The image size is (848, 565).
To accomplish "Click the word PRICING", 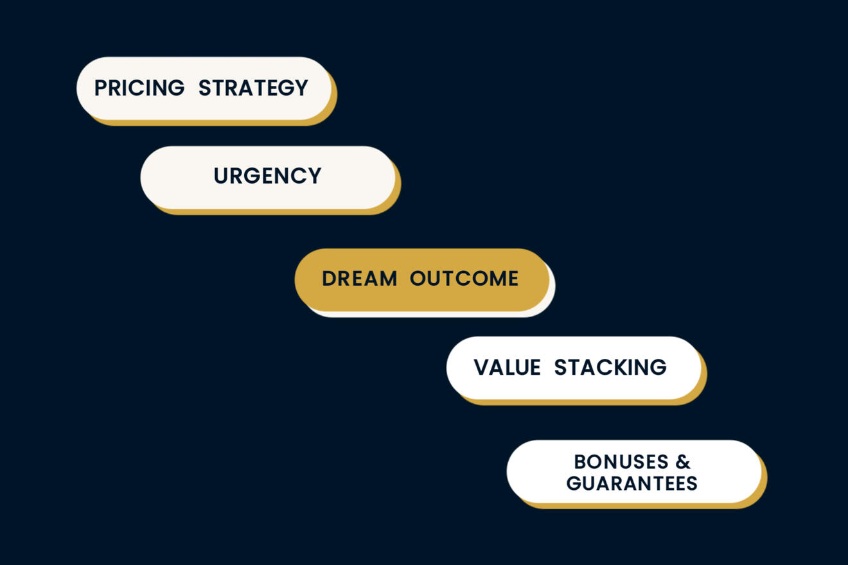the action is tap(139, 88).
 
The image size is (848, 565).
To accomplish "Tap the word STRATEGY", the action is tap(253, 88).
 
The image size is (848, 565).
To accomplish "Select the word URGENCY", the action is tap(268, 176).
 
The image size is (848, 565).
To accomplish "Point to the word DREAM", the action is tap(359, 279).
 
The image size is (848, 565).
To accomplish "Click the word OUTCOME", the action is tap(464, 279).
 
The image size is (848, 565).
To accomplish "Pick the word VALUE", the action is tap(508, 367).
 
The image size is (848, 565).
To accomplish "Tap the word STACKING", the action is tap(610, 367).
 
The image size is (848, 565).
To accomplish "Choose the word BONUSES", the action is tap(621, 462).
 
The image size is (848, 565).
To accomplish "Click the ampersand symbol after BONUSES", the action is tap(684, 462).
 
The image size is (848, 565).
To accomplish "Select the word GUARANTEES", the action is tap(632, 483).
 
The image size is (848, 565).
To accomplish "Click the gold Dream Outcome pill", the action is tap(422, 280).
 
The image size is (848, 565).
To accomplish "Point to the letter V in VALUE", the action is tap(482, 367).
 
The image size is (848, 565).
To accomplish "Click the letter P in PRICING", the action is tap(101, 88).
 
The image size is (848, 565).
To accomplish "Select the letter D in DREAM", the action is tap(329, 279).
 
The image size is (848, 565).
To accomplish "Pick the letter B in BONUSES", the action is tap(581, 462).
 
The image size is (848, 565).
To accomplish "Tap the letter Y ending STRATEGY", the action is tap(300, 88).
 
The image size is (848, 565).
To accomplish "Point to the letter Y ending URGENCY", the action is tap(314, 176).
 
